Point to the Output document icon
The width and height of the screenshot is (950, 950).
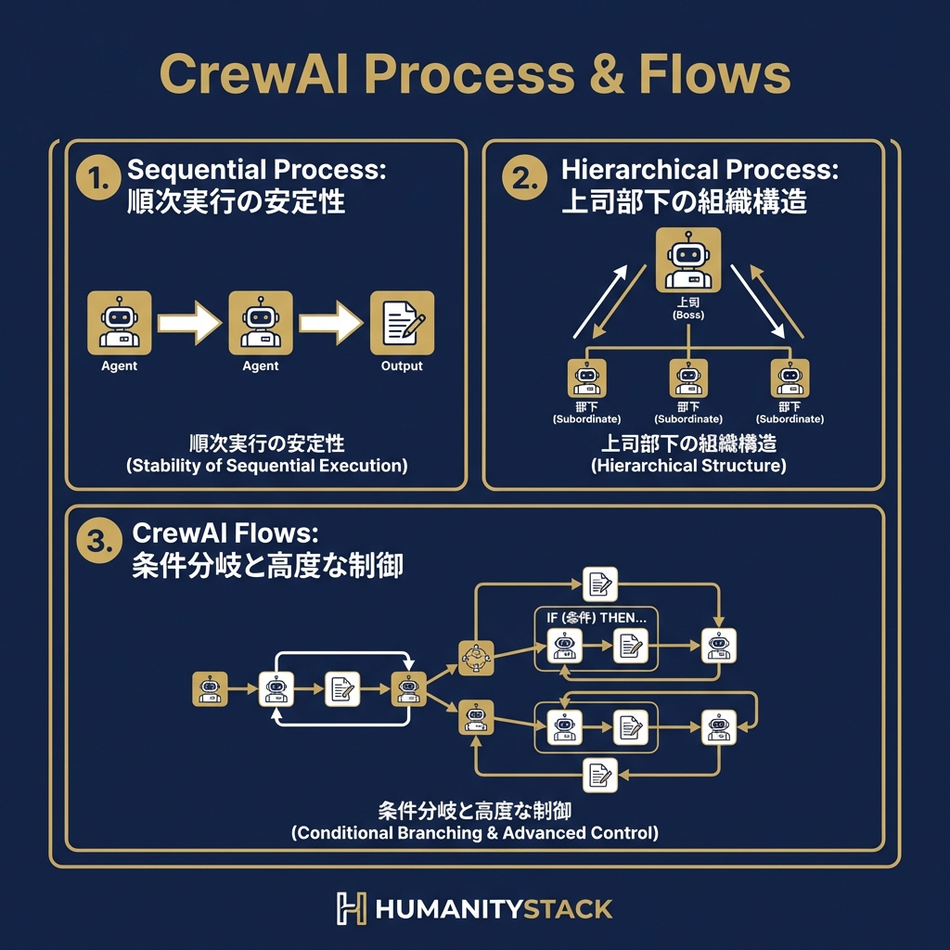click(x=402, y=322)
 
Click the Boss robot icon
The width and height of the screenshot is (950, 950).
click(x=687, y=259)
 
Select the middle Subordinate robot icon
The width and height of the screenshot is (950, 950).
click(x=687, y=379)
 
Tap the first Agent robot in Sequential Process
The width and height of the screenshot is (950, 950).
click(x=119, y=322)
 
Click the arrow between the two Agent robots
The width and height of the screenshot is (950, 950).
click(x=189, y=323)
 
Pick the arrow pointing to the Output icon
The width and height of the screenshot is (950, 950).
click(x=331, y=323)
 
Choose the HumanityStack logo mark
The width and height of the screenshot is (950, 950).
click(x=351, y=908)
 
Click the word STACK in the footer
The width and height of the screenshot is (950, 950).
click(x=569, y=908)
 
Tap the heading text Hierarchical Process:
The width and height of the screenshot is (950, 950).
click(x=700, y=170)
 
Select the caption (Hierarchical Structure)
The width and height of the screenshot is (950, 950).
click(x=687, y=466)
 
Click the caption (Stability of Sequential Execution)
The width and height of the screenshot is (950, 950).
click(x=266, y=466)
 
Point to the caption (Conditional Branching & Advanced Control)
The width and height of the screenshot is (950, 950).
click(x=475, y=832)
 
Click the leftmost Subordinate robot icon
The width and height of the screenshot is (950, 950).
click(x=586, y=379)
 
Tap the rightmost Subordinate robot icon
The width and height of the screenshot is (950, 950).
click(x=790, y=379)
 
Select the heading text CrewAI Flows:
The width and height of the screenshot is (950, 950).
click(x=225, y=533)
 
